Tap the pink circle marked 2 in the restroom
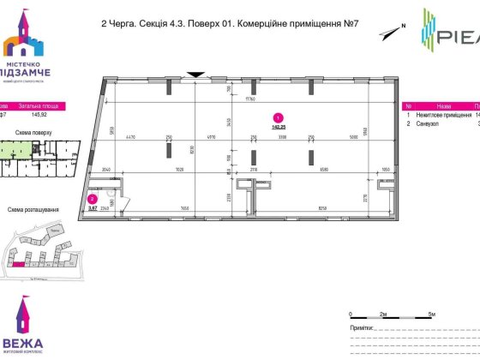click(92, 199)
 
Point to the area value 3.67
click(93, 207)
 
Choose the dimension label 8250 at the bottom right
click(323, 207)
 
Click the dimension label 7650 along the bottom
click(184, 207)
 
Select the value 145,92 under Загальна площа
click(39, 114)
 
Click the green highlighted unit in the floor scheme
click(10, 151)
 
